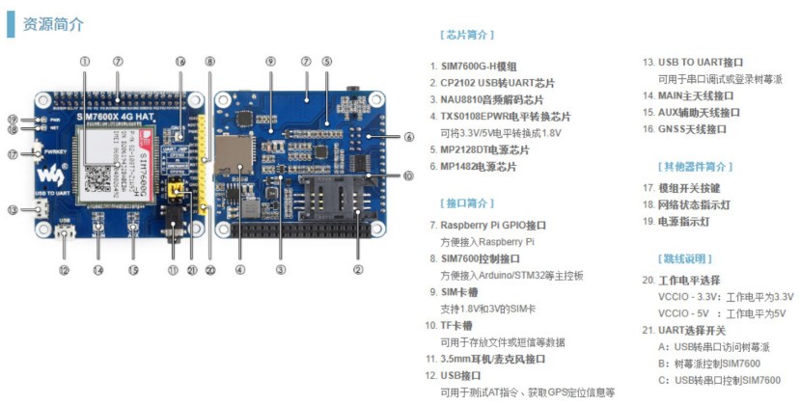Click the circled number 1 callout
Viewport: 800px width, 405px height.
pos(85,61)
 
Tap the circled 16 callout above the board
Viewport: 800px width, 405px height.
pos(179,61)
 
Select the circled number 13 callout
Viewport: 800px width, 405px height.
pos(12,209)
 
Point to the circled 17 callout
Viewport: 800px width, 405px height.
pos(12,154)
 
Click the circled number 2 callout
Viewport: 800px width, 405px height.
pos(358,270)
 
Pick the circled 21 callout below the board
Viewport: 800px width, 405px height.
pos(192,270)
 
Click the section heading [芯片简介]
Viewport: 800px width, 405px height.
pos(466,35)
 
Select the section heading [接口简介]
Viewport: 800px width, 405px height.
pos(466,203)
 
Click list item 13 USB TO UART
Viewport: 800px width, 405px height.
pos(693,63)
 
